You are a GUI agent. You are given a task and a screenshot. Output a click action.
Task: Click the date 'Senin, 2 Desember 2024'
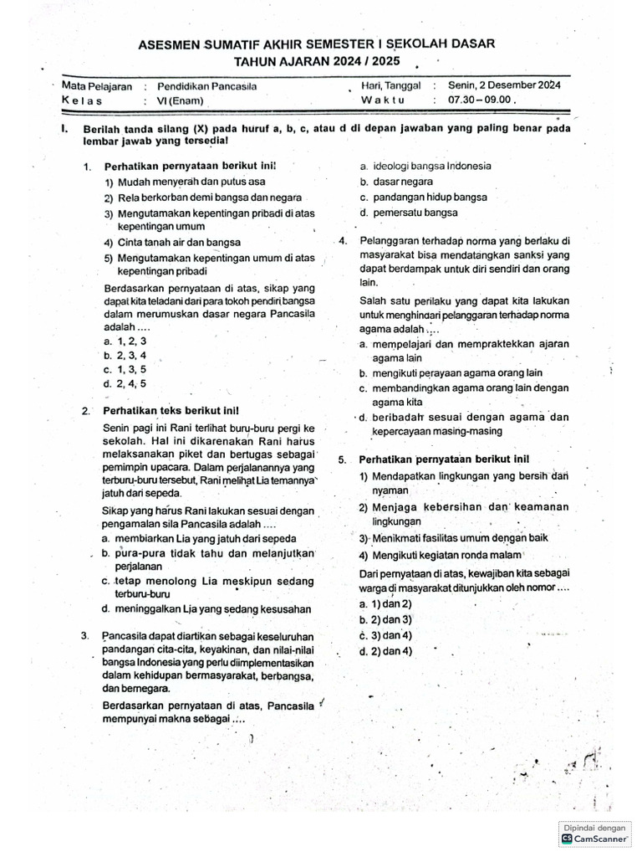pyautogui.click(x=504, y=85)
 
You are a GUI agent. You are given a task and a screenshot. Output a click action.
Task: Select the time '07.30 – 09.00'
pyautogui.click(x=483, y=100)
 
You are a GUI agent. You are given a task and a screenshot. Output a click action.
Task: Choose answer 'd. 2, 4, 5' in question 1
pyautogui.click(x=125, y=383)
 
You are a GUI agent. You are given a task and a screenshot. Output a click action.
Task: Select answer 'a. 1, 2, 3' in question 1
pyautogui.click(x=125, y=341)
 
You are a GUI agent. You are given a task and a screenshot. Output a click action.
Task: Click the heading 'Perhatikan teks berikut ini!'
pyautogui.click(x=171, y=411)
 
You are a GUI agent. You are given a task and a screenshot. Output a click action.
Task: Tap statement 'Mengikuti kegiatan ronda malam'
pyautogui.click(x=441, y=555)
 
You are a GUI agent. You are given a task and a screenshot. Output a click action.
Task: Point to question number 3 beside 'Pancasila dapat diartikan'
pyautogui.click(x=86, y=635)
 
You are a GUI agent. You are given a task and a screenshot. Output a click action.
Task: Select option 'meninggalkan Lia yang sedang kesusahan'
pyautogui.click(x=206, y=609)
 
